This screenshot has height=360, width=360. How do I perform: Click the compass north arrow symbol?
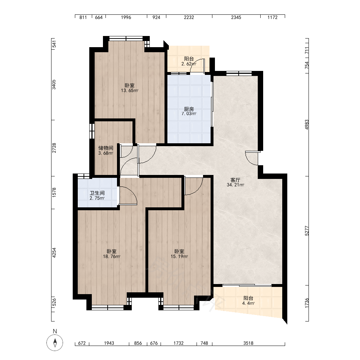click(x=55, y=343)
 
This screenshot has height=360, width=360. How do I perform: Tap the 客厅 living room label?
click(x=235, y=180)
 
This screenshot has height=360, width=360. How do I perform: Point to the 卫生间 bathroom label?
click(x=97, y=193)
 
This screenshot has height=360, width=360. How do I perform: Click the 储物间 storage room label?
click(x=105, y=148)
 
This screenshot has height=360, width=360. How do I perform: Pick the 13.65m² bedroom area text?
click(x=130, y=90)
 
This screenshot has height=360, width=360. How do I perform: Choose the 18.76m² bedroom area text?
click(x=112, y=256)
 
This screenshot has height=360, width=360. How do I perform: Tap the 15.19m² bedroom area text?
click(x=179, y=256)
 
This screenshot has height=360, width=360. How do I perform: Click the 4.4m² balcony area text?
click(x=248, y=303)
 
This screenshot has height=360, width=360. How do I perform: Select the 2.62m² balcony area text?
click(x=189, y=64)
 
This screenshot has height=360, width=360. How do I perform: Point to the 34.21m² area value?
click(x=235, y=185)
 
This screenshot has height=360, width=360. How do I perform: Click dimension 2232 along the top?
click(x=189, y=17)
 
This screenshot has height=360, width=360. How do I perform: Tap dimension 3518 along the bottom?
click(x=248, y=343)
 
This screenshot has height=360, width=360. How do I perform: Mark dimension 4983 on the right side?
click(x=307, y=125)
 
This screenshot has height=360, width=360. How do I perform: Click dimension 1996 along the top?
click(x=126, y=17)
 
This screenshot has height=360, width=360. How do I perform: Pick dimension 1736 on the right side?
click(x=307, y=303)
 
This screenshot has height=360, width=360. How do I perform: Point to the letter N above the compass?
click(x=55, y=331)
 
